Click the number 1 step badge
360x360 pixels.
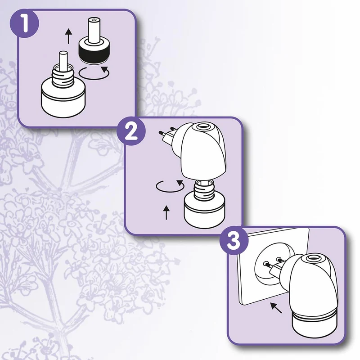[x=24, y=23]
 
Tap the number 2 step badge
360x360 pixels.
[x=131, y=131]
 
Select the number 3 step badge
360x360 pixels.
[x=234, y=241]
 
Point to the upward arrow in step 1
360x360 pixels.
[x=68, y=36]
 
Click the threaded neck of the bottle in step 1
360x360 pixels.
[x=63, y=76]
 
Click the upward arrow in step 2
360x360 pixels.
[x=166, y=212]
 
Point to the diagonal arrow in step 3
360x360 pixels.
[x=276, y=308]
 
